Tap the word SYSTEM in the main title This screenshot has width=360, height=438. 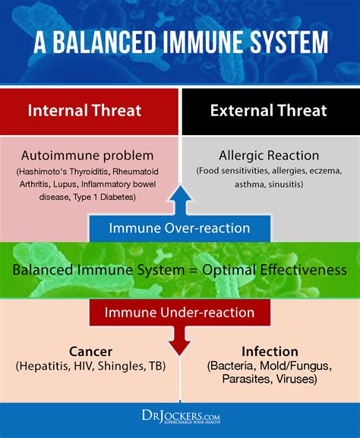click(x=289, y=43)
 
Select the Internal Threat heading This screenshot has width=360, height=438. click(x=84, y=110)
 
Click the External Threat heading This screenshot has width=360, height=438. click(x=269, y=110)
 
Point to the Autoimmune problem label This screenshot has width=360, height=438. click(x=87, y=156)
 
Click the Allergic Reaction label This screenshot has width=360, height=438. click(x=269, y=156)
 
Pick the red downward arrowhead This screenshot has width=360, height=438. click(x=180, y=344)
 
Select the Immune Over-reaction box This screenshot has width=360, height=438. click(x=180, y=228)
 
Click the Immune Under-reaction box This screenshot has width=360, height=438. click(x=180, y=312)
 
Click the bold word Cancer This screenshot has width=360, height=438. click(x=91, y=351)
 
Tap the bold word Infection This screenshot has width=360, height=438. click(x=270, y=351)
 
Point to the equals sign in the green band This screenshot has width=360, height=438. click(x=194, y=270)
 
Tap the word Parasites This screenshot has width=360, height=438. click(x=247, y=379)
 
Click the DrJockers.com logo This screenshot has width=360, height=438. click(x=181, y=417)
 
